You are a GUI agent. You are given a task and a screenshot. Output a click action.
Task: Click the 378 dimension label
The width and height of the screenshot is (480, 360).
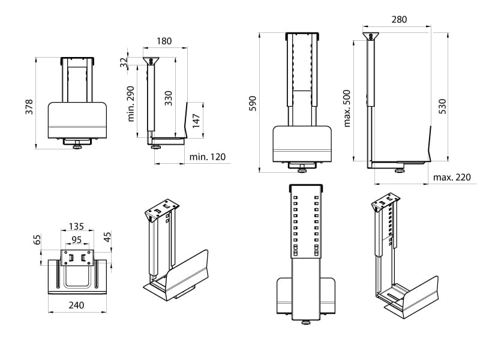click(28, 106)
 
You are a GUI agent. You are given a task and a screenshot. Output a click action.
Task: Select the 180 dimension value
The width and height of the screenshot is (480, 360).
click(163, 41)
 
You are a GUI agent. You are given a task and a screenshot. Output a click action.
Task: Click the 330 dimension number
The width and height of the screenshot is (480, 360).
click(169, 98)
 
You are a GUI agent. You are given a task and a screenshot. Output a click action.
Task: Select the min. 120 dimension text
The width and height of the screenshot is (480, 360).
click(208, 158)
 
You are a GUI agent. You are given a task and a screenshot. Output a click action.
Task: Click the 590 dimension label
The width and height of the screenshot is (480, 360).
click(253, 103)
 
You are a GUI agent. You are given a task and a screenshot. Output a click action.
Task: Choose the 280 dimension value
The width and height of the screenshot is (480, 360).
click(399, 19)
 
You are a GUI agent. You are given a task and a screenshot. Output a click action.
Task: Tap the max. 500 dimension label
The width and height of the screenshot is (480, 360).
click(347, 108)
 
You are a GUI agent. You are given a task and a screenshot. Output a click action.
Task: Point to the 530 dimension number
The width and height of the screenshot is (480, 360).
click(442, 106)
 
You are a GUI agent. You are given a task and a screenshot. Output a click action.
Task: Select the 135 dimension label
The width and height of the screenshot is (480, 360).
click(76, 227)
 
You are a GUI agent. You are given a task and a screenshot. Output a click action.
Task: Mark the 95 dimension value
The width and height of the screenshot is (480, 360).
click(77, 240)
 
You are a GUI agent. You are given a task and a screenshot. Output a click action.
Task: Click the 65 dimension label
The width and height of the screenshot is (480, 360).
click(37, 241)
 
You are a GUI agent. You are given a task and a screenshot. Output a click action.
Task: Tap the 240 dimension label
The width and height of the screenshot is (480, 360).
click(76, 305)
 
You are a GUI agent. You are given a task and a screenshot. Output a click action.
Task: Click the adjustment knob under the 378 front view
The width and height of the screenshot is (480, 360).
click(77, 146)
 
